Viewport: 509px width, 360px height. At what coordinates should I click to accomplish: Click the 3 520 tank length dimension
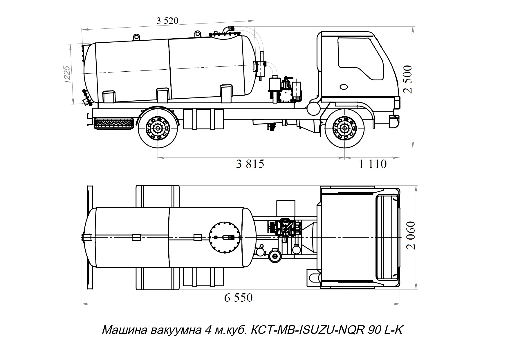[x=167, y=21]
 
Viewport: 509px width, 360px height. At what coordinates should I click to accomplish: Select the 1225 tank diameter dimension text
[x=67, y=75]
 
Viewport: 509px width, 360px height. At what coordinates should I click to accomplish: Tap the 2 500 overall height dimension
[x=407, y=79]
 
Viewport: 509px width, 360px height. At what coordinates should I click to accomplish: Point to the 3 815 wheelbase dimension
[x=250, y=164]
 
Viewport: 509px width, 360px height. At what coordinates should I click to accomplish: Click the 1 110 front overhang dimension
[x=373, y=164]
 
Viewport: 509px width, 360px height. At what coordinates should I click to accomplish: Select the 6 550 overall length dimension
[x=238, y=298]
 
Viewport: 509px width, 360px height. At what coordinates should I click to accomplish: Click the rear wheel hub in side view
[x=158, y=128]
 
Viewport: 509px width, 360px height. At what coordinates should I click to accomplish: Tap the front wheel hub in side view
[x=344, y=128]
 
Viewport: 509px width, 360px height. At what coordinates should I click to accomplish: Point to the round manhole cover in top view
[x=225, y=237]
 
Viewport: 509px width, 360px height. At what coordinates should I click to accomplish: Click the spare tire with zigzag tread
[x=113, y=124]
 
